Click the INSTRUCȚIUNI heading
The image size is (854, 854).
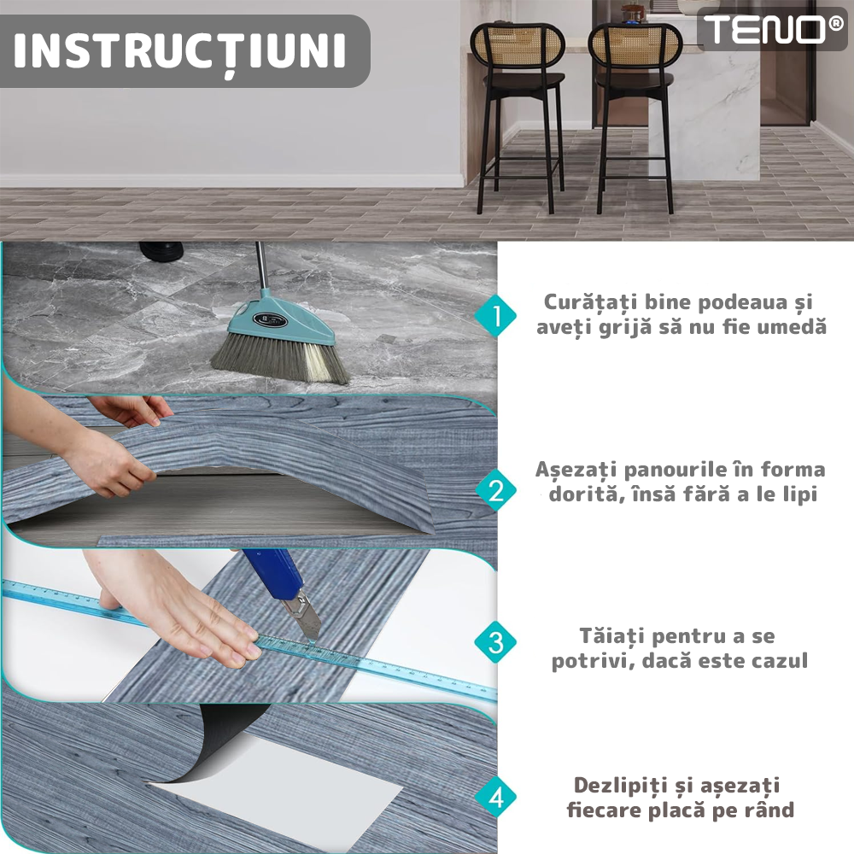179,50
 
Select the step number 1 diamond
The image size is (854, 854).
495,316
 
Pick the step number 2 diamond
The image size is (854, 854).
495,489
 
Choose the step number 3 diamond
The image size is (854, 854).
495,641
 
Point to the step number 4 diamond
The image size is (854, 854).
495,798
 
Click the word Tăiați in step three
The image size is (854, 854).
612,636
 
